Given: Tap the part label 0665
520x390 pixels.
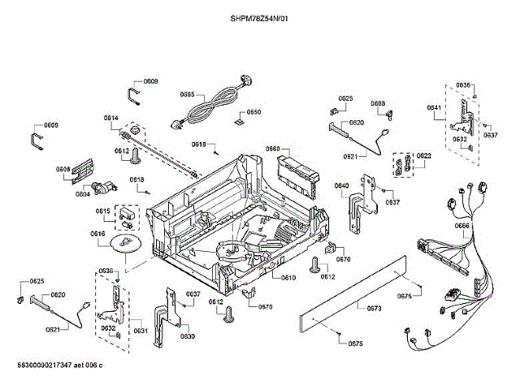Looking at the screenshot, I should (187, 94).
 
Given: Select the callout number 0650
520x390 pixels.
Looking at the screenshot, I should (254, 112).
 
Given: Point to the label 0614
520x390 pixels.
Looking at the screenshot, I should (111, 119).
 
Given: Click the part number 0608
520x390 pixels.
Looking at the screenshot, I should (63, 170).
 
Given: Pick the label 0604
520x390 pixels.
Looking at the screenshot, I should (83, 194).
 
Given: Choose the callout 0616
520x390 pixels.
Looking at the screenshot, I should (98, 234).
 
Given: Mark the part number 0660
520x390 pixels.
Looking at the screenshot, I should (273, 149).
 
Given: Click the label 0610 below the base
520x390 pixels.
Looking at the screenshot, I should (289, 278).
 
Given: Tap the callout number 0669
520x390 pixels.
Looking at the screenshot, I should (379, 104).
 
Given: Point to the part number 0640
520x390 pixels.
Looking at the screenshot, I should (342, 185).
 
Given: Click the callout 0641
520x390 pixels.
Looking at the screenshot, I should (434, 108).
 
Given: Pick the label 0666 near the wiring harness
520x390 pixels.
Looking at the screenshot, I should (462, 225).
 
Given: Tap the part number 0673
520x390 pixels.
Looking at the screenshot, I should (375, 308).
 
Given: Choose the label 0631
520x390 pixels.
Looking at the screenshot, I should (141, 331).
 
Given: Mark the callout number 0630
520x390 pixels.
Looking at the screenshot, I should (188, 336).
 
